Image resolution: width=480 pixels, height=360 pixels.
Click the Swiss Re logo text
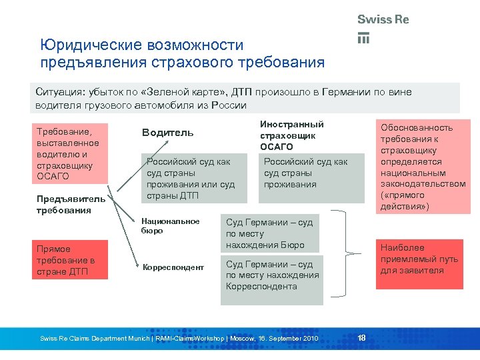click(x=383, y=19)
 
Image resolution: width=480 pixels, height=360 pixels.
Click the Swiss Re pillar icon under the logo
click(x=363, y=38)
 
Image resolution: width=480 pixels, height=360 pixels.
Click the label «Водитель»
click(x=167, y=133)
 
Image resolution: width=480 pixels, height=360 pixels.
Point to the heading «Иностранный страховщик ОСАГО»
click(x=291, y=135)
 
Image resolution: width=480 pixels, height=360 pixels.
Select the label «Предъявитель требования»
click(x=61, y=204)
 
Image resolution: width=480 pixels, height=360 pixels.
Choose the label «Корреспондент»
click(x=173, y=267)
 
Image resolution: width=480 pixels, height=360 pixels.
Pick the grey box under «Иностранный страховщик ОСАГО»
click(x=311, y=178)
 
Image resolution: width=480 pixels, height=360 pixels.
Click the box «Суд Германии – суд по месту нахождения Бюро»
click(x=271, y=233)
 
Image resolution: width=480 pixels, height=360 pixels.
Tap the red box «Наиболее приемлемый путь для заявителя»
click(x=420, y=259)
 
